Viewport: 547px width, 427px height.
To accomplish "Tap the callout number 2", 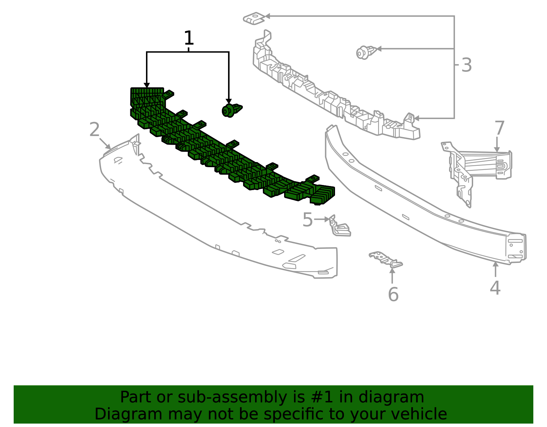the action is pos(94,129).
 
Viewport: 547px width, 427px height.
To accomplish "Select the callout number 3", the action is pos(466,65).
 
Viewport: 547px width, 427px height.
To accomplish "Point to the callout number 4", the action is pos(495,288).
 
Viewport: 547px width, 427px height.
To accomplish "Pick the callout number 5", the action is pos(308,220).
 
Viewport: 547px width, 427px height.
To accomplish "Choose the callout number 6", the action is pos(393,294).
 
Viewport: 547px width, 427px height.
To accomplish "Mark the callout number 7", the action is pos(499,128).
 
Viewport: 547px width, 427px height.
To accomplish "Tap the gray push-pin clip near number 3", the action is pos(366,53).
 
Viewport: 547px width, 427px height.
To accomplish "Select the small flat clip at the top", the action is pos(254,18).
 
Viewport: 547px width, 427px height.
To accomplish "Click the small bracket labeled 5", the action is pos(340,226).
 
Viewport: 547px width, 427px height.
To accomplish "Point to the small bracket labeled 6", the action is pos(385,259).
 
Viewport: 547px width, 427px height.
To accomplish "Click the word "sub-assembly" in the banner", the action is pos(232,398).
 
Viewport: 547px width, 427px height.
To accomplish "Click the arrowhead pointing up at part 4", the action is pos(495,265).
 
